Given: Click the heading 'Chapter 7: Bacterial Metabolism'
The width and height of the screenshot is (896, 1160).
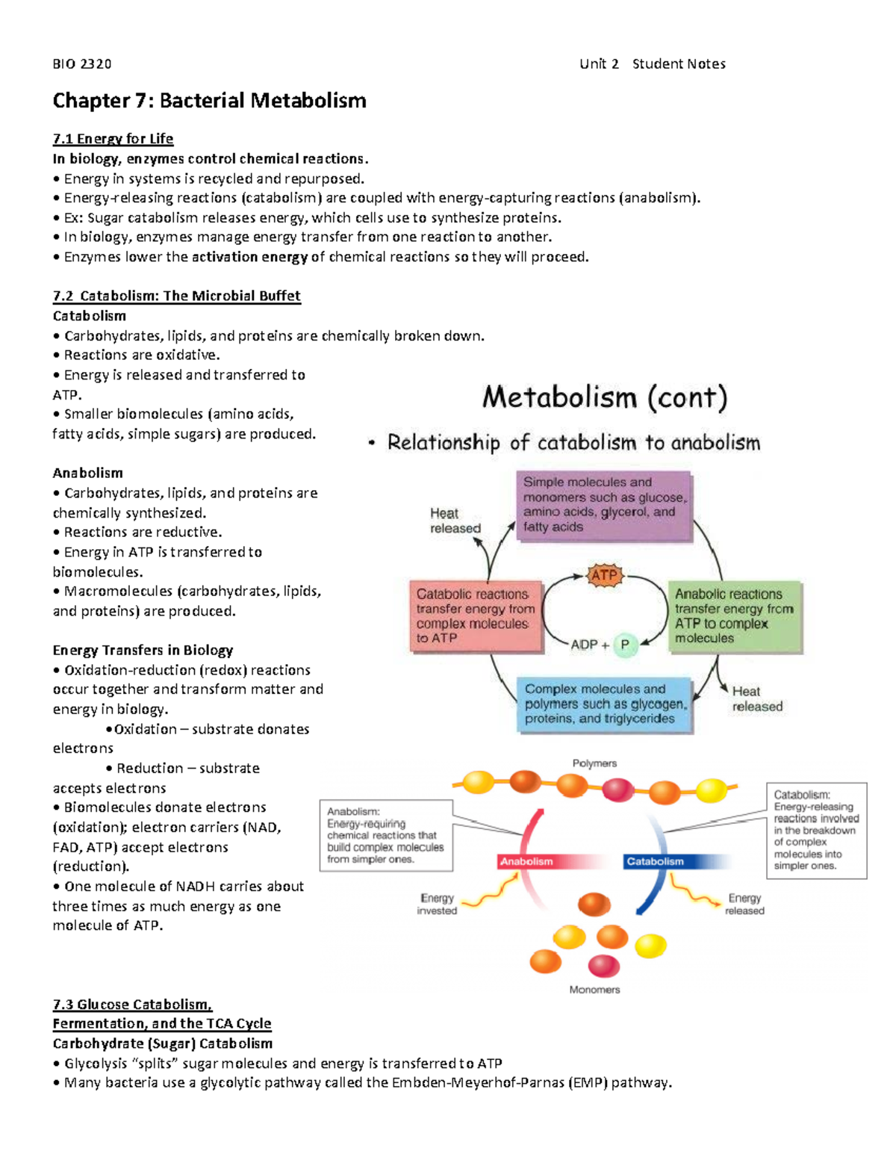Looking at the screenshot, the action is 209,101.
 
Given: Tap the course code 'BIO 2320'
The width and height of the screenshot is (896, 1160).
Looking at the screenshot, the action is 82,64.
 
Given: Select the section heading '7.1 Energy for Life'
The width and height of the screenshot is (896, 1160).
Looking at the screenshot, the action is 113,139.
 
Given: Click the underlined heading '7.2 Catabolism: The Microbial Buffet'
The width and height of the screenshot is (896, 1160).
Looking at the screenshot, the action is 176,296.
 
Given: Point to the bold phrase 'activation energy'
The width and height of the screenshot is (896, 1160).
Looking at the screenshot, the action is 249,257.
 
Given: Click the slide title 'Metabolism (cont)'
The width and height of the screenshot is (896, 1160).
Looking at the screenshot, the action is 604,397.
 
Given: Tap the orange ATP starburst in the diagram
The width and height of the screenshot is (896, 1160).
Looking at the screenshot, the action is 603,576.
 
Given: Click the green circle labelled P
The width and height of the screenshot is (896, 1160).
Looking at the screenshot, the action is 625,645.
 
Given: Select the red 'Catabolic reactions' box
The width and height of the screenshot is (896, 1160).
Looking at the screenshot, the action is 476,616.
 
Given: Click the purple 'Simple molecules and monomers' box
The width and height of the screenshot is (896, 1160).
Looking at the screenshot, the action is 603,505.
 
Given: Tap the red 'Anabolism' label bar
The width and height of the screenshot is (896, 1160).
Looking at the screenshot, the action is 527,861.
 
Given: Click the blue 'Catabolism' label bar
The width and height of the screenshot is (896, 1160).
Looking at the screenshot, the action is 655,861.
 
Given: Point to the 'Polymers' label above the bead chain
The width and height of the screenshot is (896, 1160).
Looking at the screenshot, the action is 594,763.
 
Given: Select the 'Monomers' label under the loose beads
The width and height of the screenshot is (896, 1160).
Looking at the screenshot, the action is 594,990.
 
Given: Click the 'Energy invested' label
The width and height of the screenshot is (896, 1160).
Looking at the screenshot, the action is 437,904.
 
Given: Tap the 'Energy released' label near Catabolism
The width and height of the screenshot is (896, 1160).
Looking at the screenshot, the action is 744,904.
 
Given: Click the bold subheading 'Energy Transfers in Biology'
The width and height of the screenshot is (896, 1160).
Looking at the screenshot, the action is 143,651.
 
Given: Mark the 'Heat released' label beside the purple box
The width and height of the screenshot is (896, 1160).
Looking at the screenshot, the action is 455,521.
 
